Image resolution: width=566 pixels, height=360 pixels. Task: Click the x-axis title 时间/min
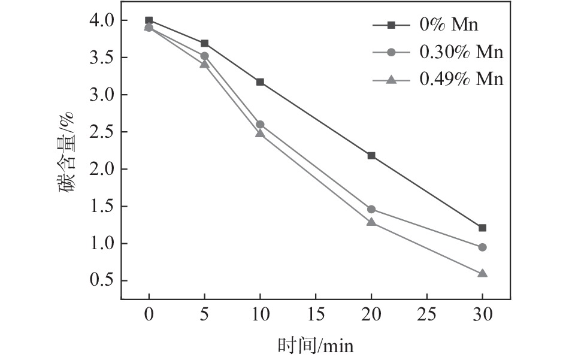click(315, 346)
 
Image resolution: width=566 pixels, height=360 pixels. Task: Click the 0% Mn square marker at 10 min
click(260, 82)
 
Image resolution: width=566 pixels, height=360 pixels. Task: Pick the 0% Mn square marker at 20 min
click(371, 156)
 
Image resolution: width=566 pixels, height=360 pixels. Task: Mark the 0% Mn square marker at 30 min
click(482, 228)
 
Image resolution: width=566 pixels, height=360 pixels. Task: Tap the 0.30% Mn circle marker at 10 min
click(260, 125)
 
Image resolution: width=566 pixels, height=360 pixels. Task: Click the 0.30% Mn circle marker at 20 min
click(371, 209)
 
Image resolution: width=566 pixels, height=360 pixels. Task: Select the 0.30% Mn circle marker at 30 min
click(482, 247)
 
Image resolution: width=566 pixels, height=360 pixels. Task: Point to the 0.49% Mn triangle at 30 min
click(482, 273)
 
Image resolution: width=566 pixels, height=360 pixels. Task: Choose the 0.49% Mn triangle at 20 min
click(371, 222)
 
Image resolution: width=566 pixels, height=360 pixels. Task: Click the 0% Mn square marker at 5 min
click(204, 43)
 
